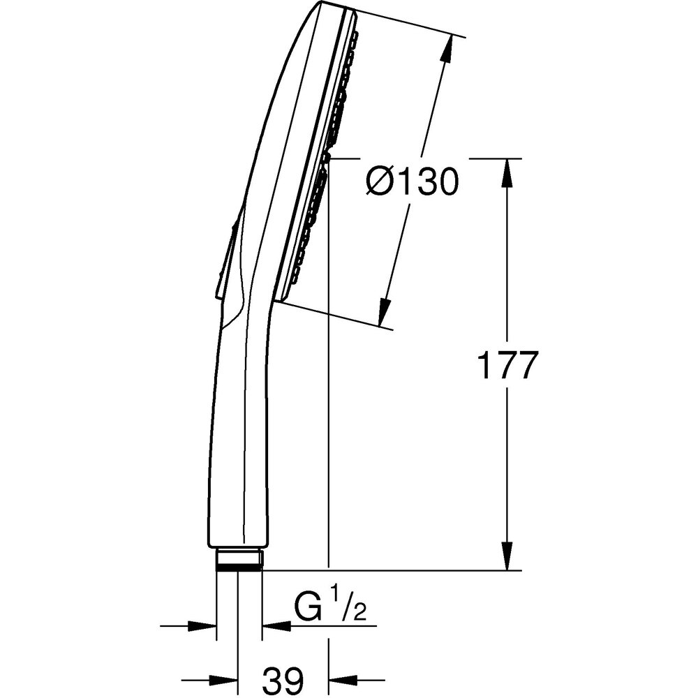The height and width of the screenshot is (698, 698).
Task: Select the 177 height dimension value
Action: tap(507, 365)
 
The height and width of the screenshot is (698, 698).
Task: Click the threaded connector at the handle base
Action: tap(239, 560)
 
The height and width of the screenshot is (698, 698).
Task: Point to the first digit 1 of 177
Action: tap(484, 365)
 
